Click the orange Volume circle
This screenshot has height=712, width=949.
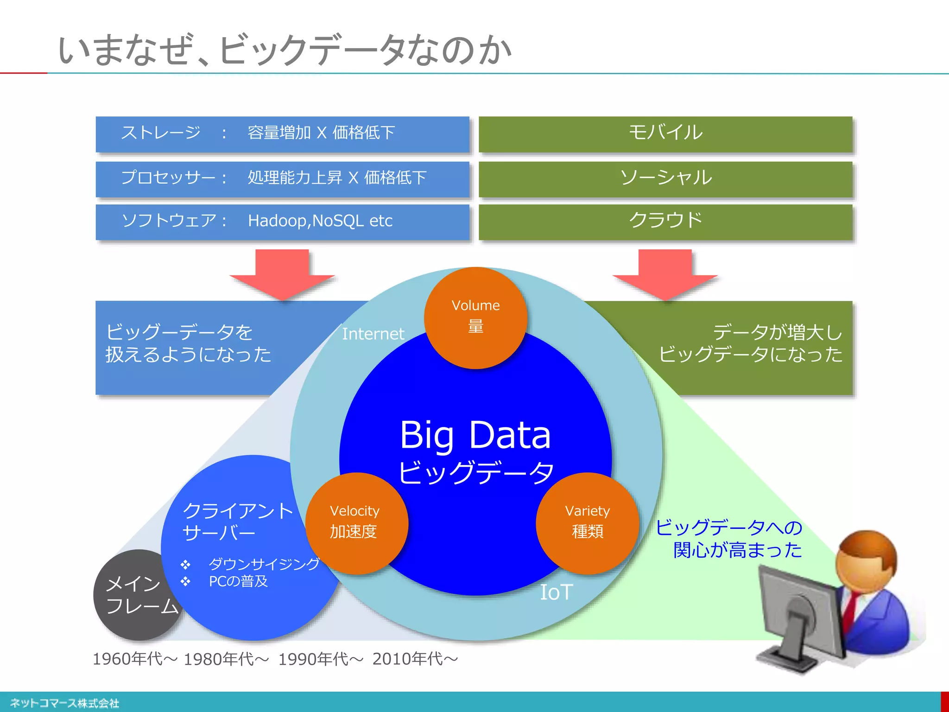click(x=475, y=318)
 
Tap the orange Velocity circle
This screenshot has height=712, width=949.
click(x=356, y=523)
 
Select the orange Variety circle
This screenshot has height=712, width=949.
click(x=588, y=523)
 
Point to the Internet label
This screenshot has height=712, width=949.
click(x=373, y=334)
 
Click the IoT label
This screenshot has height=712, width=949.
click(x=557, y=592)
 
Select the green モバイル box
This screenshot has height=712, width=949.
click(x=665, y=133)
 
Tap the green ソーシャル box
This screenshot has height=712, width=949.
click(x=665, y=178)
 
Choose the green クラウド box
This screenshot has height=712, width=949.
click(x=665, y=221)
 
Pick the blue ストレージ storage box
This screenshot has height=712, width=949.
click(x=282, y=133)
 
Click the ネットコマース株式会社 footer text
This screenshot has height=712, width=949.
click(x=64, y=703)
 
